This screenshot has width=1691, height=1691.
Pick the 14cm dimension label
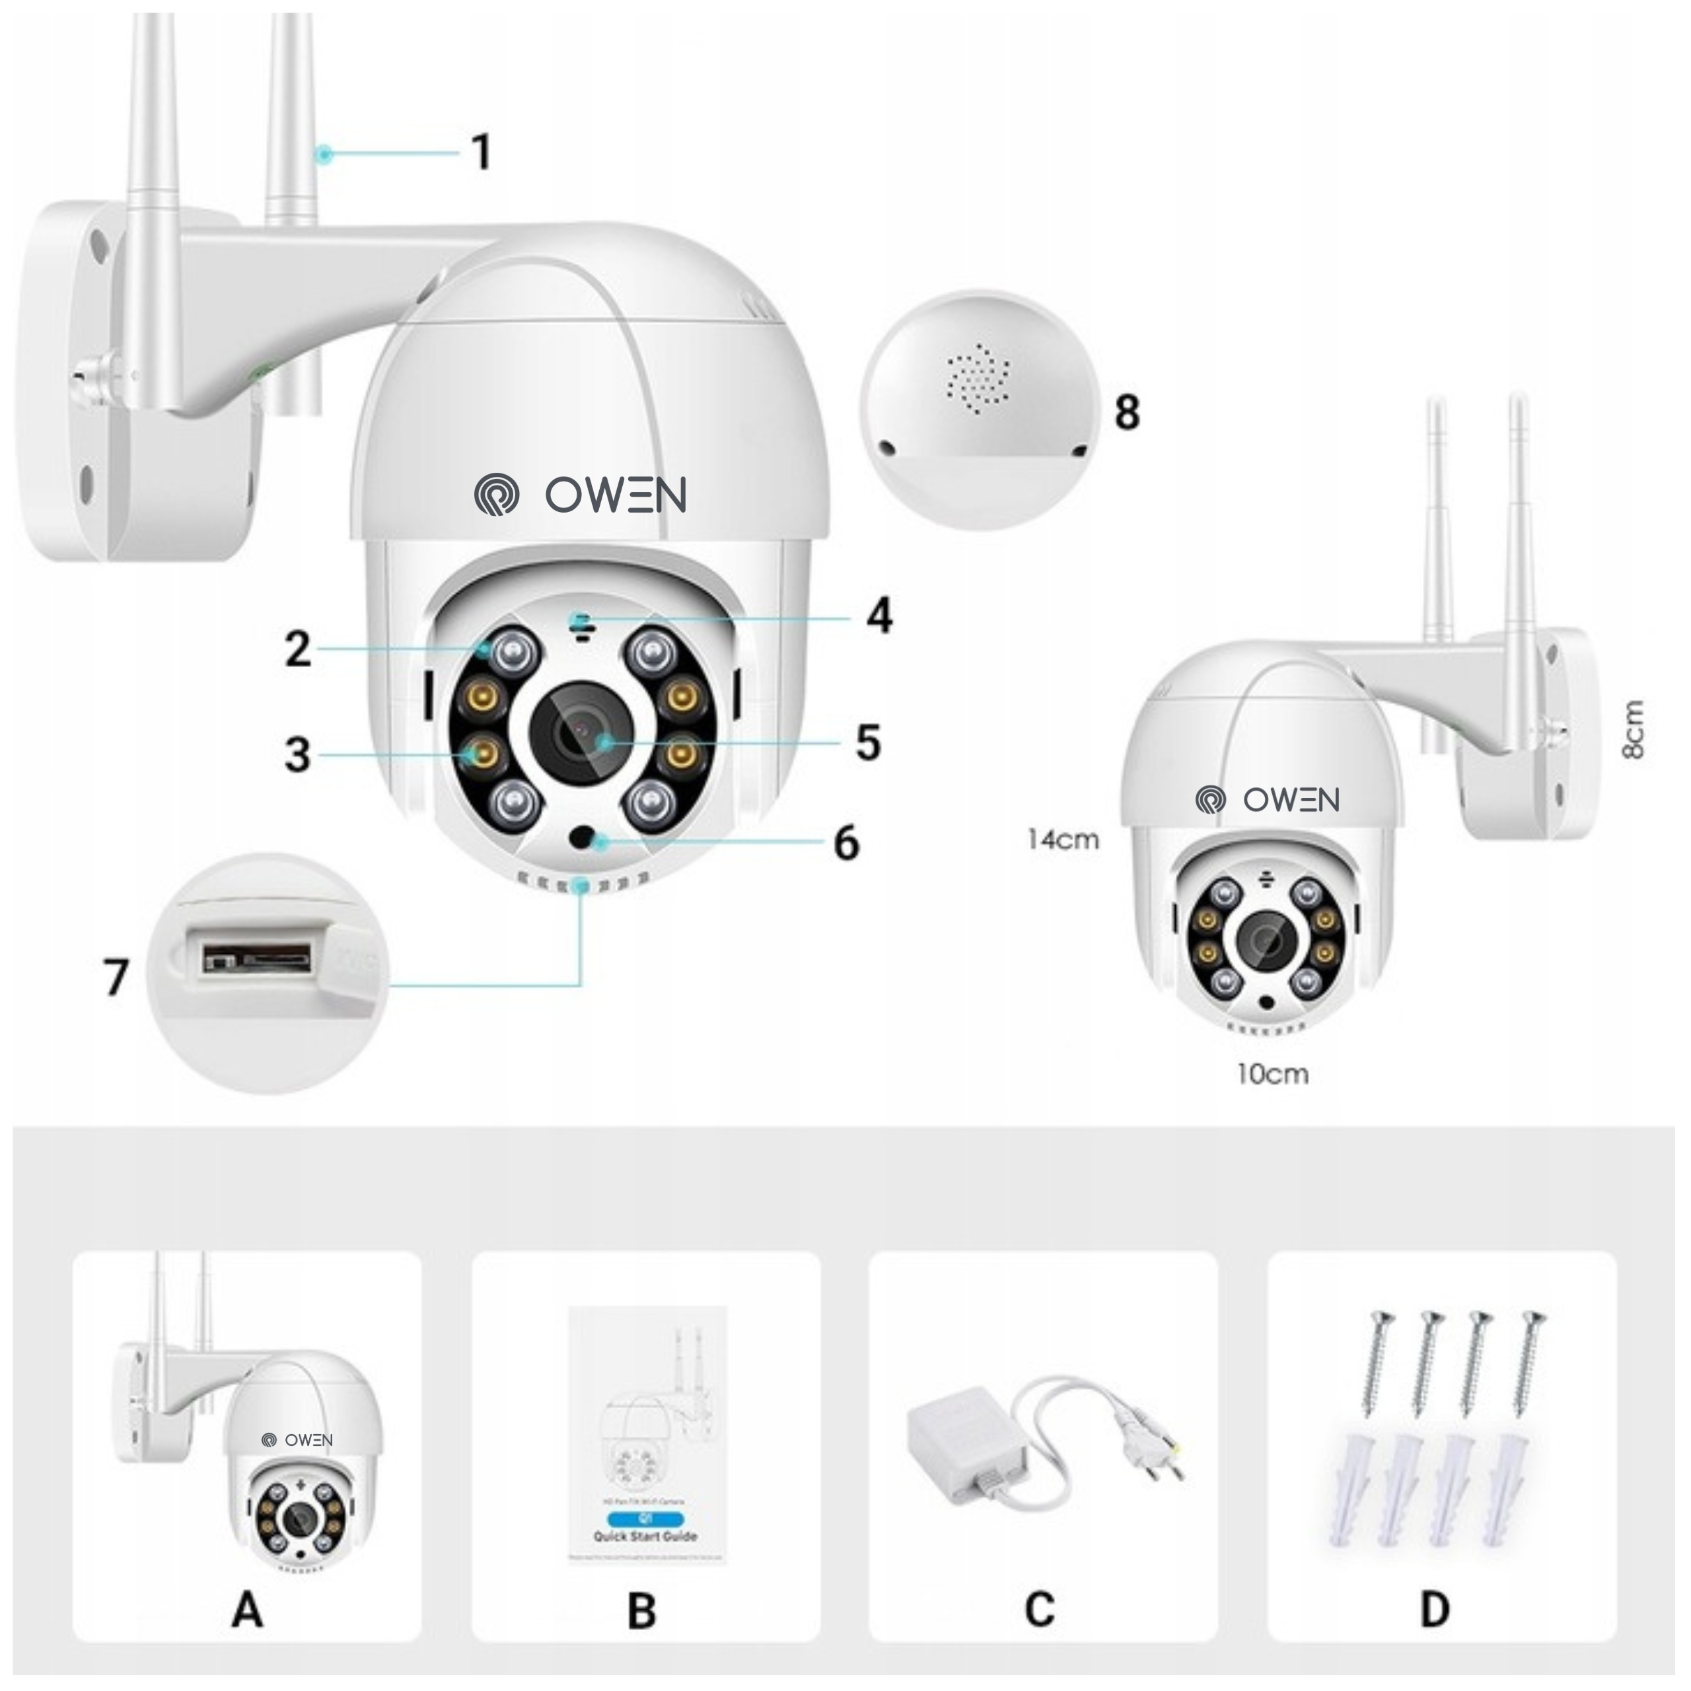tap(1063, 840)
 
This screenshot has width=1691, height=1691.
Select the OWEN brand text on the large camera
tap(616, 495)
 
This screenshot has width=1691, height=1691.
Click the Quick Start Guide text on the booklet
tap(645, 1536)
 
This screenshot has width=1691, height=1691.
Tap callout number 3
tap(298, 754)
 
